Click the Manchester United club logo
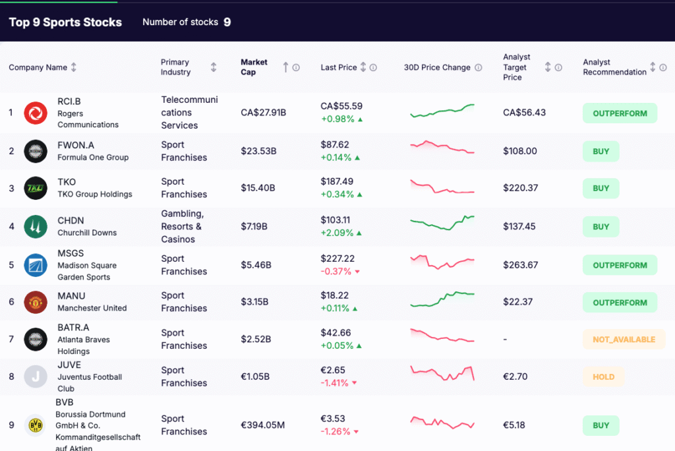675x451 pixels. point(36,303)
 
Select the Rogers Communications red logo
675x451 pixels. point(36,113)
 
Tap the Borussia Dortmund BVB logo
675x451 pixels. point(36,425)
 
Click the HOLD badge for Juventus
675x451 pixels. point(603,377)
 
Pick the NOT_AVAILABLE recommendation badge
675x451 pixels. point(624,340)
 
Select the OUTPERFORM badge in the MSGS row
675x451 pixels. point(620,265)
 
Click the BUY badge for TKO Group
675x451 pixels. point(601,188)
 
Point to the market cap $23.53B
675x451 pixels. point(258,151)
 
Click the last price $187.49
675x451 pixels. point(337,181)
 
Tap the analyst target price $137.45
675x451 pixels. point(519,226)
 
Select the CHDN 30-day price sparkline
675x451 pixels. point(442,222)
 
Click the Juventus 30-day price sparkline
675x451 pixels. point(442,373)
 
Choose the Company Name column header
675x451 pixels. point(38,67)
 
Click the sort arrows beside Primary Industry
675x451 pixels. point(214,67)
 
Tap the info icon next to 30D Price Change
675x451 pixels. point(479,67)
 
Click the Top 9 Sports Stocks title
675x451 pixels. point(65,22)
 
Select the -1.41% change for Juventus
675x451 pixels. point(337,382)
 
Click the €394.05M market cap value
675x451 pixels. point(263,425)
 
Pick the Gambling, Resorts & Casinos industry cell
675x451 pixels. point(183,226)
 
